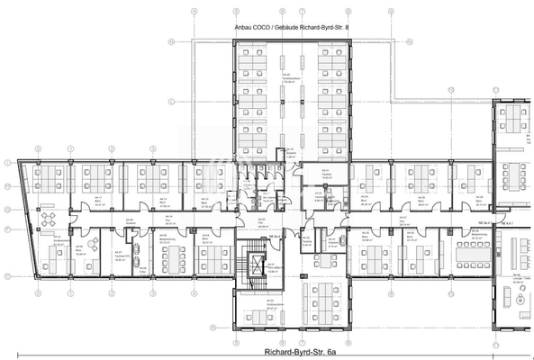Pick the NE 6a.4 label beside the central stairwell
(270, 236)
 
